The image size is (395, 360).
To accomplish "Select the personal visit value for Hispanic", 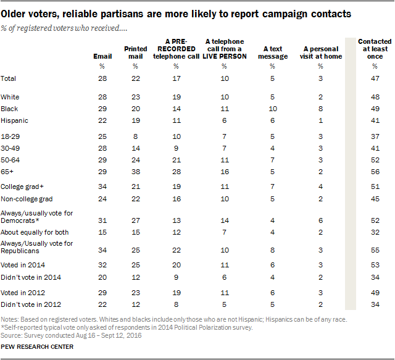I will [x=320, y=120].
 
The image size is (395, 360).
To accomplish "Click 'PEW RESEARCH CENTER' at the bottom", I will [x=38, y=347].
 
